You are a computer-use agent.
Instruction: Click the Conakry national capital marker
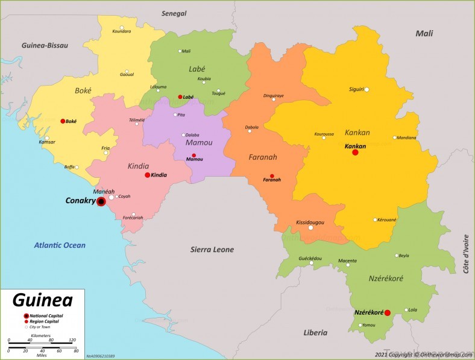tap(101, 201)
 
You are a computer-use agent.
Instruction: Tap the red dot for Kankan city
tap(355, 153)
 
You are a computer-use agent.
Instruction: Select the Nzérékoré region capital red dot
tap(388, 312)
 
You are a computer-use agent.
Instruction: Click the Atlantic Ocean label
tap(60, 245)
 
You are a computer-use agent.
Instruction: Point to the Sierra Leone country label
tap(212, 250)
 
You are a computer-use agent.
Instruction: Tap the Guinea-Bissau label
tap(45, 45)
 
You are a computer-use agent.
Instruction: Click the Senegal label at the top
tap(174, 13)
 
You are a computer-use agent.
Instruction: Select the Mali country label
tap(424, 34)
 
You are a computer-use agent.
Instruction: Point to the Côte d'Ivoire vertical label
tap(466, 254)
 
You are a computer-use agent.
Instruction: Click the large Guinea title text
tap(42, 300)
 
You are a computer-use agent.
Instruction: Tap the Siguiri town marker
tap(366, 90)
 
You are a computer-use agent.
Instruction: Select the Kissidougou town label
tap(310, 223)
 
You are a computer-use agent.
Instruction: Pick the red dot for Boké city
tap(63, 121)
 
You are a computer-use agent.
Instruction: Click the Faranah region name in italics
tap(263, 157)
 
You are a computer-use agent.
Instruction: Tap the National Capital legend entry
tap(46, 315)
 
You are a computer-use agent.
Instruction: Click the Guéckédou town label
tap(310, 258)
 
